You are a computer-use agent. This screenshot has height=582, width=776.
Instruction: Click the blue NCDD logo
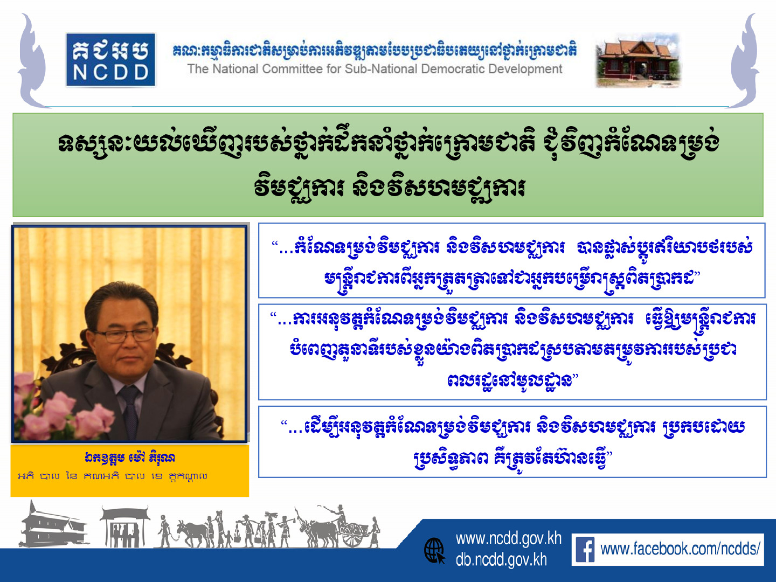point(110,60)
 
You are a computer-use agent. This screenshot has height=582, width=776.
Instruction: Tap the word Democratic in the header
point(453,69)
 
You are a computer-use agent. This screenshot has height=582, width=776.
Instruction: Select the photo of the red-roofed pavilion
point(638,60)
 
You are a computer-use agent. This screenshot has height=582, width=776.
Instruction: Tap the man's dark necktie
point(130,412)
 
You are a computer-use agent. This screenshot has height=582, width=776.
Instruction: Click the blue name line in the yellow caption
point(130,458)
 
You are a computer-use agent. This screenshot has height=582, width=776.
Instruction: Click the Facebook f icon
point(585,550)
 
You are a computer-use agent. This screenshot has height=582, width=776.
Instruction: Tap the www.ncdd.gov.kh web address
point(508,539)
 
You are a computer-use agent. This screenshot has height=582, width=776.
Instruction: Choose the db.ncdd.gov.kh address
point(501,560)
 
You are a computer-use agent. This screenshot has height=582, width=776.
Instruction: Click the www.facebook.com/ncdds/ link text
point(680,550)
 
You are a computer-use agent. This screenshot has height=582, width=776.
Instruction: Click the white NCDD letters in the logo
point(110,73)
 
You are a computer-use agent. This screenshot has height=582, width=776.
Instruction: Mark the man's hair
point(120,300)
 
